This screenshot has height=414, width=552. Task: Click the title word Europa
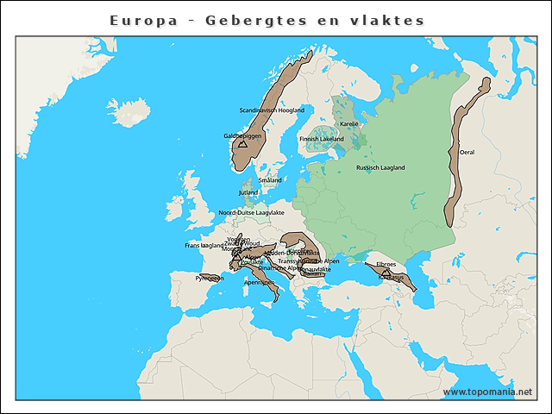(x=141, y=20)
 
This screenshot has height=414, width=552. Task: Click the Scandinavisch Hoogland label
(x=272, y=110)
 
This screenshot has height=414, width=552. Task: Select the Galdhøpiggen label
(x=242, y=135)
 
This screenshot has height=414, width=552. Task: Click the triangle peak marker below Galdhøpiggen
(x=242, y=145)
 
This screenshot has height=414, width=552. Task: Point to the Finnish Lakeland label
(x=321, y=138)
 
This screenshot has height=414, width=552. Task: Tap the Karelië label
(x=349, y=124)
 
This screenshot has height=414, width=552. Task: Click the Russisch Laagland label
(x=380, y=167)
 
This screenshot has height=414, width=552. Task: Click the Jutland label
(x=248, y=192)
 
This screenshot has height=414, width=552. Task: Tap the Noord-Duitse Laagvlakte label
(x=251, y=212)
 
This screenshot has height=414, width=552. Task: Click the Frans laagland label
(x=204, y=245)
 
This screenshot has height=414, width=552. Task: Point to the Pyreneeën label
(x=210, y=279)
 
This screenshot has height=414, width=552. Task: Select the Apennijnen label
(x=260, y=282)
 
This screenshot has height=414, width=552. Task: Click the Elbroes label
(x=386, y=264)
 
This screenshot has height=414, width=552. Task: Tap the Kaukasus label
(x=391, y=277)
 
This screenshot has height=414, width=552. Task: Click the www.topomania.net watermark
(x=487, y=392)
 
